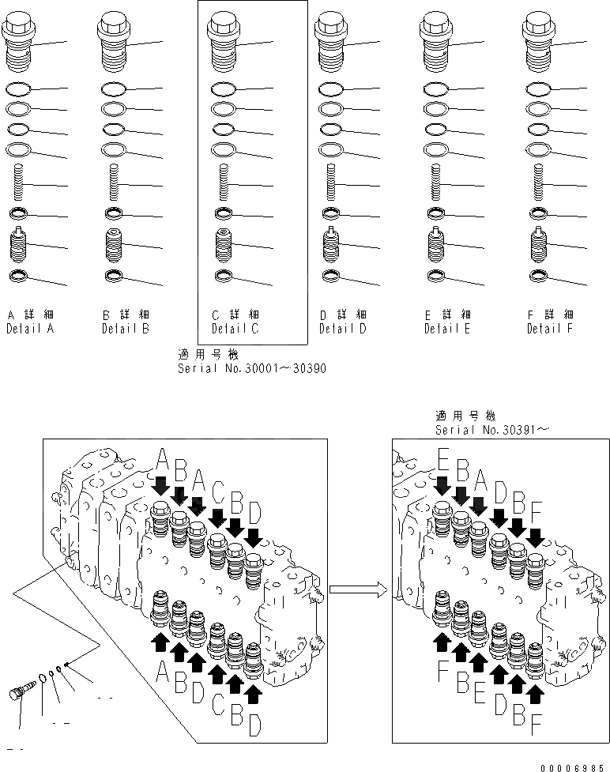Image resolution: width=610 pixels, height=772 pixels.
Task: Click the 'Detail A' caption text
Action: point(30,329)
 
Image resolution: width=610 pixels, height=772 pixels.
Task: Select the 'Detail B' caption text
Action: point(125,329)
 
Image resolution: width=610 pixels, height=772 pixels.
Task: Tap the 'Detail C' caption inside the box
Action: point(235,329)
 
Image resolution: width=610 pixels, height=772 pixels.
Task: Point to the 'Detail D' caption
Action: point(342,329)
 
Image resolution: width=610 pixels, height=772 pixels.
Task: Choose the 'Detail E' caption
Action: point(446,329)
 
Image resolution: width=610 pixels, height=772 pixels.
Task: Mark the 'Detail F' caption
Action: point(550,329)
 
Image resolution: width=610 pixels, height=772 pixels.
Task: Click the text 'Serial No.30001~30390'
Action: point(252,368)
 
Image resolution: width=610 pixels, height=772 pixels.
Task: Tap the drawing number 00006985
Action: point(574,766)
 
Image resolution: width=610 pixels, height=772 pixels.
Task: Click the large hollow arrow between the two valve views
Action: point(358,588)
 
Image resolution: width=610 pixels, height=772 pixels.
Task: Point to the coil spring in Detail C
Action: point(224,185)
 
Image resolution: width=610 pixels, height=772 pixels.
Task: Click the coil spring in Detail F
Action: point(539,185)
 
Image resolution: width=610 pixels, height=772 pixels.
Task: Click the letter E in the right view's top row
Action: point(443,460)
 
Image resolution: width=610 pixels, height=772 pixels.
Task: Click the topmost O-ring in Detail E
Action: point(433,88)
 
